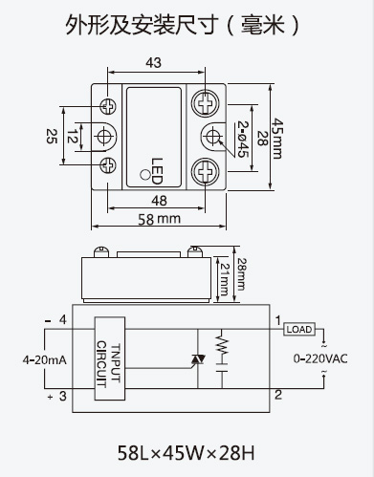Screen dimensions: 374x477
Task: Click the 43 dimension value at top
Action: point(154,63)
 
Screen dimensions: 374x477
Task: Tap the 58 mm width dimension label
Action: point(159,219)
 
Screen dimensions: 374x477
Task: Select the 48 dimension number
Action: point(159,201)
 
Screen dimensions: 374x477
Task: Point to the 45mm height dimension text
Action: point(277,139)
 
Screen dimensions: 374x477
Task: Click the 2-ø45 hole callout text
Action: point(243,139)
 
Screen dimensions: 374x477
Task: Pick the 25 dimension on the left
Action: point(52,136)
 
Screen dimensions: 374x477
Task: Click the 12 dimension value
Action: point(73,137)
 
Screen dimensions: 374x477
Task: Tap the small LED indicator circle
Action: point(145,175)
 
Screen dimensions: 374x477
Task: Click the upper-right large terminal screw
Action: point(205,103)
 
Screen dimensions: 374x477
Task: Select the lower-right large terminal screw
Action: point(205,171)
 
